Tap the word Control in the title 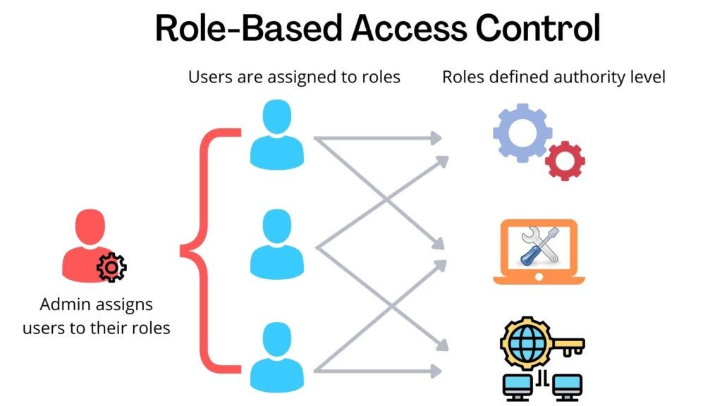pos(537,29)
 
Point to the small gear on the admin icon pos(111,266)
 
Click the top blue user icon pos(276,135)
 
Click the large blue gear pos(521,133)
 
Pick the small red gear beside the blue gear pos(565,161)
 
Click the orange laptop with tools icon pos(539,252)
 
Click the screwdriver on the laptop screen pos(531,248)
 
